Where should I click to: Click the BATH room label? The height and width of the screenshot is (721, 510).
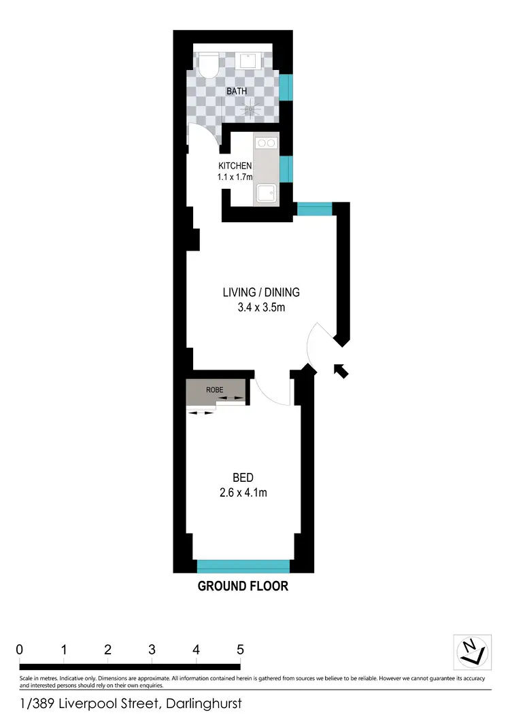[x=237, y=90]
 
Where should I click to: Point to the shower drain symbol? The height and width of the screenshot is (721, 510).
[x=254, y=107]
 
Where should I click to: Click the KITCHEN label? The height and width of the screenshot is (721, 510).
[x=235, y=166]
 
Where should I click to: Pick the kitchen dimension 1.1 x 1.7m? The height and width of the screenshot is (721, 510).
[x=235, y=177]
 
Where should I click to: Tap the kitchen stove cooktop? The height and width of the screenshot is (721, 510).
[x=266, y=143]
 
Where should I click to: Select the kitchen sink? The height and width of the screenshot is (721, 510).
[x=266, y=194]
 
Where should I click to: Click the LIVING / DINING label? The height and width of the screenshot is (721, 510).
[x=261, y=293]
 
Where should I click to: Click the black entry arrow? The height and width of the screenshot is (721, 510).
[x=341, y=370]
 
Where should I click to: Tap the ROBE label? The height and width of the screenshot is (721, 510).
[x=215, y=389]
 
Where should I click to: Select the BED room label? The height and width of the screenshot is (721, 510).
[x=243, y=477]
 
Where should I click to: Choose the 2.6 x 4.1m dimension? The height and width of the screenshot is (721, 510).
[x=243, y=493]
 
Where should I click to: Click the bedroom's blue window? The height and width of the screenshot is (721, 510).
[x=243, y=566]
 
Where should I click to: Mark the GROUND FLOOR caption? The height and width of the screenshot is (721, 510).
[x=243, y=586]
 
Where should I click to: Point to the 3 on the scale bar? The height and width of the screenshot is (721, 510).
[x=152, y=650]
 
